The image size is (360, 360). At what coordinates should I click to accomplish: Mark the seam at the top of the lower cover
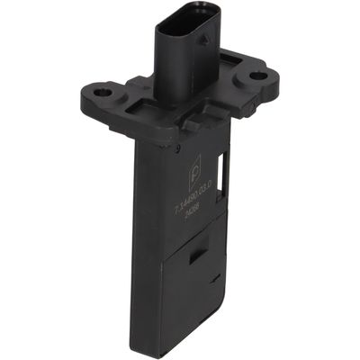193,245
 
